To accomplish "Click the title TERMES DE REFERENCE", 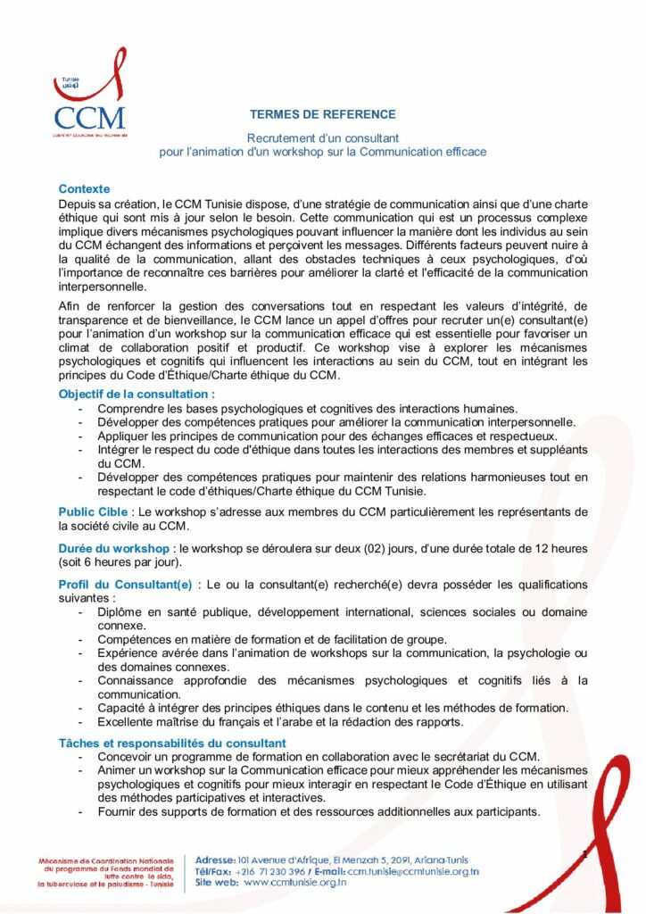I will click(x=322, y=114).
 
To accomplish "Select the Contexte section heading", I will click(x=84, y=188).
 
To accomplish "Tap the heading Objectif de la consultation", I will click(x=137, y=394).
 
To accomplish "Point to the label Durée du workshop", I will click(x=113, y=547).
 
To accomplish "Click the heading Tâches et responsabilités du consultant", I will click(x=172, y=743).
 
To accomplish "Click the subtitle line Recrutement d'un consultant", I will click(x=322, y=138).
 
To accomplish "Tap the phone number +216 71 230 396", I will click(x=272, y=870).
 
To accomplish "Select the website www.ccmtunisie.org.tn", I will click(x=294, y=883).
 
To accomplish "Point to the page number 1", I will click(x=584, y=854).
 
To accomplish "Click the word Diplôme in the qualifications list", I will click(x=121, y=611).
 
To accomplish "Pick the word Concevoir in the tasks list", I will click(x=125, y=756).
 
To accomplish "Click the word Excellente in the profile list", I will click(x=127, y=721).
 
